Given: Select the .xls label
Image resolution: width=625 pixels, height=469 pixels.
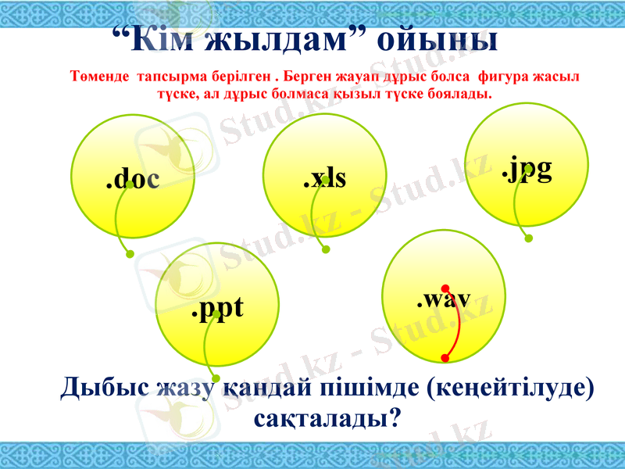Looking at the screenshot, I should click(324, 178).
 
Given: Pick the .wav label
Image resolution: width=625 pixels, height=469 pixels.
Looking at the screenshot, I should click(443, 298).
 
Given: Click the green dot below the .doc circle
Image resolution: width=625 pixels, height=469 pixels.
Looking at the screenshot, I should click(130, 253).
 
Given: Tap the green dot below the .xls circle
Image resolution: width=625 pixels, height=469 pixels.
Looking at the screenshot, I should click(326, 250).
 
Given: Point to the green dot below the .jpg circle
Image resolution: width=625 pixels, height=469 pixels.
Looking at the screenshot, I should click(528, 238).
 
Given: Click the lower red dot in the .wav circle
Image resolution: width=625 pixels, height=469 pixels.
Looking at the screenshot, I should click(445, 358).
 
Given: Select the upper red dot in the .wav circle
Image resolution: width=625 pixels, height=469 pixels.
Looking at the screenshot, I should click(445, 288).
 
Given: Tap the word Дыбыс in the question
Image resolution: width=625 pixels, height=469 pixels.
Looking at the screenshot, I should click(104, 388).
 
